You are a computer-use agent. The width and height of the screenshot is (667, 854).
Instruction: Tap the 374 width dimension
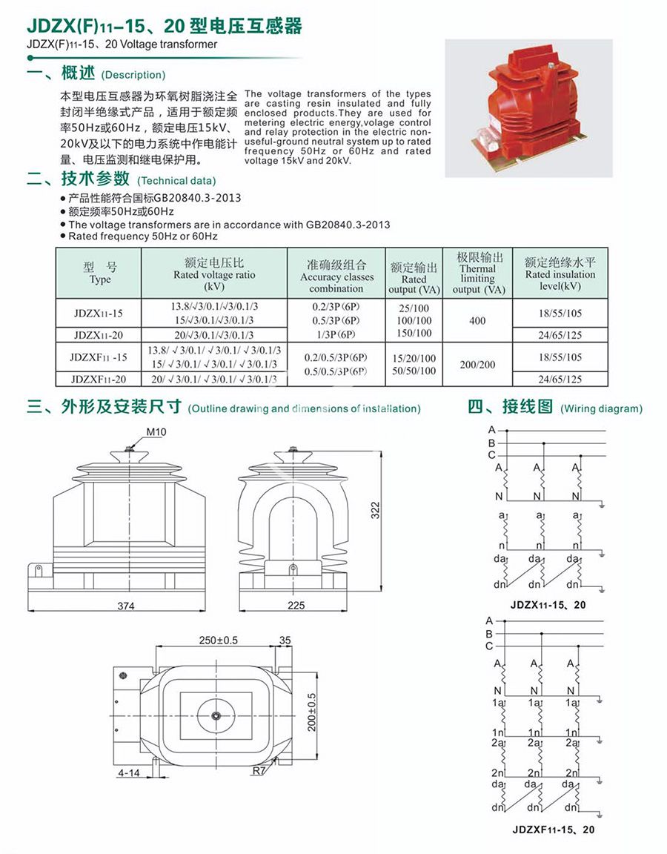pos(126,606)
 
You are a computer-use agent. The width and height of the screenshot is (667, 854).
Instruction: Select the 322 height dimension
pos(375,510)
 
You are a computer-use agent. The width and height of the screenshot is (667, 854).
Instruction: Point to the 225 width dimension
pos(296,606)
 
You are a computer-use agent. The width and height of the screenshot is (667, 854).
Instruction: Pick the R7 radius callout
pos(257,771)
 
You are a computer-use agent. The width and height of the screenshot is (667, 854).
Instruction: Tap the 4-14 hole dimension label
pos(129,773)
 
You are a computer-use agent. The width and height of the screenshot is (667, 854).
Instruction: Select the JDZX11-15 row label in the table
pos(99,313)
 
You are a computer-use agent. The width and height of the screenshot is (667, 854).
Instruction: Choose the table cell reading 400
pos(477,320)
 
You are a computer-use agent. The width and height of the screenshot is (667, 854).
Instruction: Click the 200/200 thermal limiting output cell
pos(477,365)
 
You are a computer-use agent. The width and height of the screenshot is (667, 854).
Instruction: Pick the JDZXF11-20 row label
pos(99,380)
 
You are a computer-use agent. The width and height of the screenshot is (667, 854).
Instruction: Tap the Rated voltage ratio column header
pos(213,274)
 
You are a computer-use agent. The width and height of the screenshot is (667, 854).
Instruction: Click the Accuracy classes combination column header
pos(336,277)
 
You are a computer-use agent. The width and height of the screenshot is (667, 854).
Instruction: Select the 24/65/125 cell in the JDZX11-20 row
pos(560,335)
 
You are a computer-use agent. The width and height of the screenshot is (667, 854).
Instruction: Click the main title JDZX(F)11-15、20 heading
pos(165,27)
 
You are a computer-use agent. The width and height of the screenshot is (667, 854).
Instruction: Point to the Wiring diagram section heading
pos(554,408)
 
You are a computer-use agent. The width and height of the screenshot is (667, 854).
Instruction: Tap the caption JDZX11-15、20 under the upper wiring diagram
pos(548,605)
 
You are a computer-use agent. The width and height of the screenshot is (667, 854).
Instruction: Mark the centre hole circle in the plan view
pos(215,716)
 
